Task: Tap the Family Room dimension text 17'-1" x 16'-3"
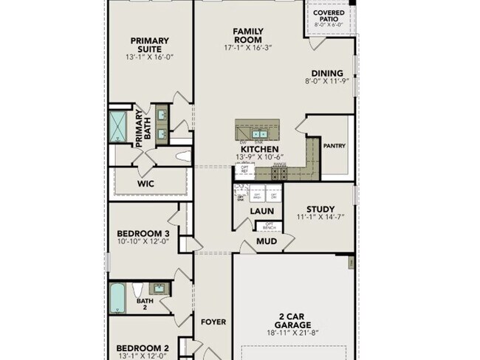pos(248,48)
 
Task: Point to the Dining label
pos(326,73)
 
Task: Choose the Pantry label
pos(335,146)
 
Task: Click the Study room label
pos(320,209)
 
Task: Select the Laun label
pos(261,211)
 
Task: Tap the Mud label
pos(267,241)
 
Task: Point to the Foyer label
pos(213,322)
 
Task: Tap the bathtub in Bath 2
pos(118,298)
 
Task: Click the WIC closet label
pos(145,184)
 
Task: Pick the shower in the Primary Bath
pos(118,126)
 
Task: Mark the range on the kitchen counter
pos(279,173)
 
